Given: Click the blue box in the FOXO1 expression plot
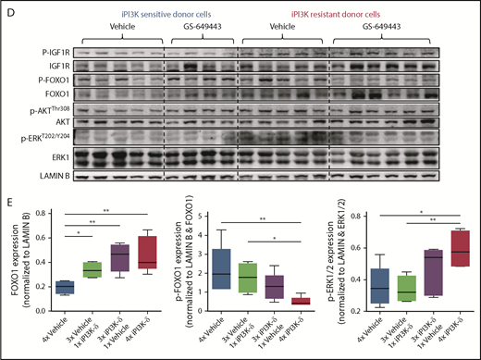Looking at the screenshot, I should click(64, 287).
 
